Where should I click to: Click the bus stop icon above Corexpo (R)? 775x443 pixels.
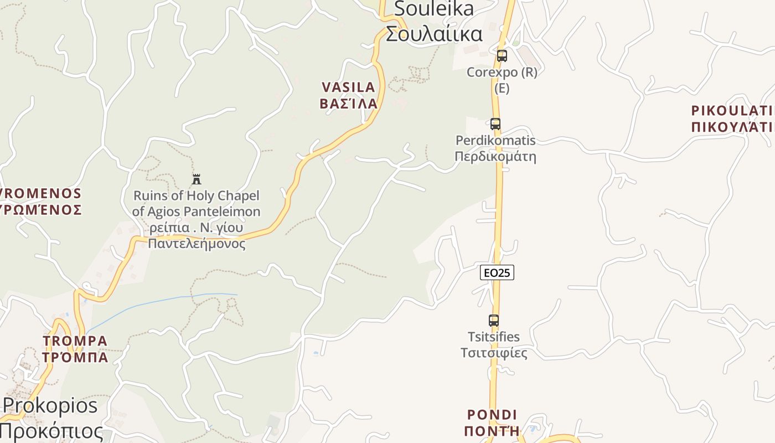(502, 56)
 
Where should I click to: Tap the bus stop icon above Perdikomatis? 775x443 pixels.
(495, 124)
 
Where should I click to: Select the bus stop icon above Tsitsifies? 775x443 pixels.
(494, 320)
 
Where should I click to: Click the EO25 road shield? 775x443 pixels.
(497, 272)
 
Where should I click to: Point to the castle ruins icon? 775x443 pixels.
(197, 179)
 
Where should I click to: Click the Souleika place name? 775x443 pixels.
(434, 9)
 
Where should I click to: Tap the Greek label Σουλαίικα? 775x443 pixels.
(434, 34)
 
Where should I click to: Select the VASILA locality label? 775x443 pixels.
(349, 87)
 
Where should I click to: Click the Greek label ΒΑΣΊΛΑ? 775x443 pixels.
(349, 104)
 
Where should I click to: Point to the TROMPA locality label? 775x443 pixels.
(75, 341)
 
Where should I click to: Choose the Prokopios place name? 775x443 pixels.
(50, 405)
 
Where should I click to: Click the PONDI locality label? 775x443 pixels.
(492, 414)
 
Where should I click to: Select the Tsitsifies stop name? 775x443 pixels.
(494, 337)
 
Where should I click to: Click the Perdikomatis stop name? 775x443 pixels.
(495, 140)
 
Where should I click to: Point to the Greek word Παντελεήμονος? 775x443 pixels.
(197, 243)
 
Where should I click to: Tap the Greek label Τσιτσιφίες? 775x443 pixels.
(494, 353)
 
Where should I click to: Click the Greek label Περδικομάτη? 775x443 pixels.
(495, 156)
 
